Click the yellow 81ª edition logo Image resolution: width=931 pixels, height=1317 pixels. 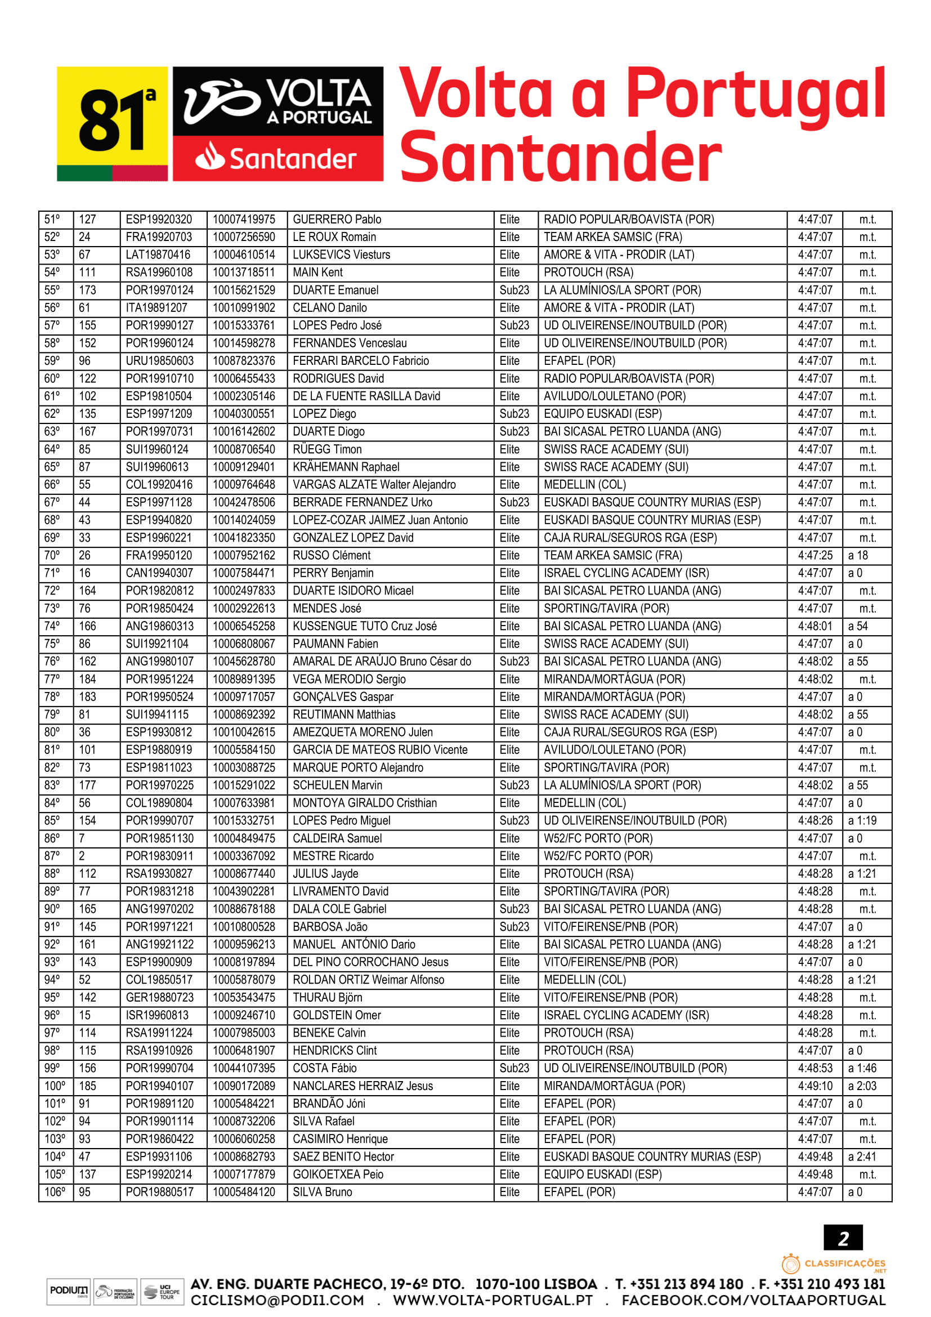[113, 123]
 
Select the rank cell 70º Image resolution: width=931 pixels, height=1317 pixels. [52, 555]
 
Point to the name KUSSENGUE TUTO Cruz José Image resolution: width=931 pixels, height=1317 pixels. [365, 626]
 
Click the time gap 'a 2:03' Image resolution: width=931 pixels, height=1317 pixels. [862, 1086]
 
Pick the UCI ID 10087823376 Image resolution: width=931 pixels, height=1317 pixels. [244, 361]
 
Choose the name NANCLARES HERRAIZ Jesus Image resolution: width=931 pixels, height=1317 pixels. [363, 1086]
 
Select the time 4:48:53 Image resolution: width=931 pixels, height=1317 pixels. [814, 1068]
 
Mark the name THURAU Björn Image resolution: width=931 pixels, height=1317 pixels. [328, 998]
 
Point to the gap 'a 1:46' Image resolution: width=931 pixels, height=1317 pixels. [862, 1068]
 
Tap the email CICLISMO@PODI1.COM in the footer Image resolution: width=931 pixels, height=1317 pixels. [277, 1300]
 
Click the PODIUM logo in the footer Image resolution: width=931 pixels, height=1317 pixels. [69, 1291]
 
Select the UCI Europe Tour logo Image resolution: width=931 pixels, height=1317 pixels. [162, 1292]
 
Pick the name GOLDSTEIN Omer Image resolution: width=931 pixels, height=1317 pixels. [337, 1015]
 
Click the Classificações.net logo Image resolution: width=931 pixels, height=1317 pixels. [834, 1264]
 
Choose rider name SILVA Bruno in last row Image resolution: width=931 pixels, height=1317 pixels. [322, 1192]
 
